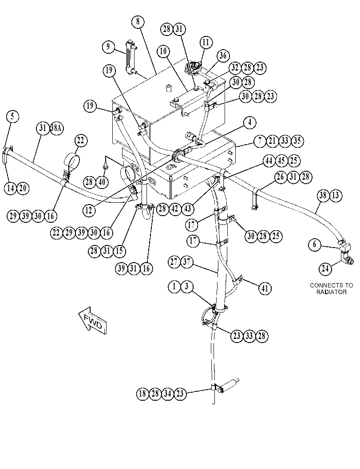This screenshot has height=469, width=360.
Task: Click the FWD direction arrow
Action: (x=93, y=320)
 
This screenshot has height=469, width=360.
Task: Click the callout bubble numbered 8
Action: (x=138, y=22)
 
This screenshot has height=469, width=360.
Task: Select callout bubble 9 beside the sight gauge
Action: (x=108, y=47)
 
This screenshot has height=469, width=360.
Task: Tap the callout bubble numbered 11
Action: (x=206, y=42)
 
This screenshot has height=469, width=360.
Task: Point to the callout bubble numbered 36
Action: (x=223, y=55)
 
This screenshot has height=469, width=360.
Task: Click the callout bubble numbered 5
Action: (x=12, y=116)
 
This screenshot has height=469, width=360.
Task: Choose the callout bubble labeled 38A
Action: (x=56, y=128)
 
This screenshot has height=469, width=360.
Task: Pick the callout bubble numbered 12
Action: (x=89, y=210)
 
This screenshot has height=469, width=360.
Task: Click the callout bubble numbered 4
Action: (x=250, y=122)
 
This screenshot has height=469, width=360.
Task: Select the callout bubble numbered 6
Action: (x=315, y=244)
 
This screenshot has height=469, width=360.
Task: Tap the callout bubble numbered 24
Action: (x=325, y=268)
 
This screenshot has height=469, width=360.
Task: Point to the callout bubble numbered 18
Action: (x=143, y=393)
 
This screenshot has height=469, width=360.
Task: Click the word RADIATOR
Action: (x=332, y=292)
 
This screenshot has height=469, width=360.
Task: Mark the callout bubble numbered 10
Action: (x=163, y=51)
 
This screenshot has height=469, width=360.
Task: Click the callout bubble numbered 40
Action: (x=102, y=182)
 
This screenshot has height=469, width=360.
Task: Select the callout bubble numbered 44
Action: (x=269, y=161)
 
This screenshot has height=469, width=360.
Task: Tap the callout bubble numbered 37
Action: (x=186, y=262)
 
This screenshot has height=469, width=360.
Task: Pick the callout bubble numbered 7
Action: (x=260, y=141)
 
